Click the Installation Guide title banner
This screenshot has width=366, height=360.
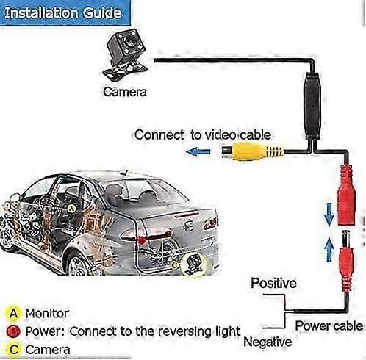point(65,12)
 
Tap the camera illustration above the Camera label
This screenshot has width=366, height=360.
point(125,55)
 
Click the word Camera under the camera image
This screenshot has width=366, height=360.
point(125,92)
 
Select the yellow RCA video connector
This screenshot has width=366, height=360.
point(252,152)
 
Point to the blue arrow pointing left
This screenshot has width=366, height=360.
point(198,152)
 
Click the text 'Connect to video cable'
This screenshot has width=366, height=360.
point(203,135)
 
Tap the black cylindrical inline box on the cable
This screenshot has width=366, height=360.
point(312,107)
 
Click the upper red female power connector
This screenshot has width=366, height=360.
point(346,195)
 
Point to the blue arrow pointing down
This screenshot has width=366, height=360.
point(329,215)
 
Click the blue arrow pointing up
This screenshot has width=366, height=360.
point(329,250)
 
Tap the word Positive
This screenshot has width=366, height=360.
point(273,283)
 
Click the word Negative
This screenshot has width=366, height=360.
point(268,342)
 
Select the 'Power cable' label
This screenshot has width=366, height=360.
point(329,326)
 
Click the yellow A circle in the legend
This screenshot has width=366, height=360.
point(14,313)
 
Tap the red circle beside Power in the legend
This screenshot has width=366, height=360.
point(13,331)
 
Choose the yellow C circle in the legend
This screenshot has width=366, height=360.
point(14,349)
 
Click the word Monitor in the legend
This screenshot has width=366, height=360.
point(47,314)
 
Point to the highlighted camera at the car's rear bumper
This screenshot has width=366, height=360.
point(194,264)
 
